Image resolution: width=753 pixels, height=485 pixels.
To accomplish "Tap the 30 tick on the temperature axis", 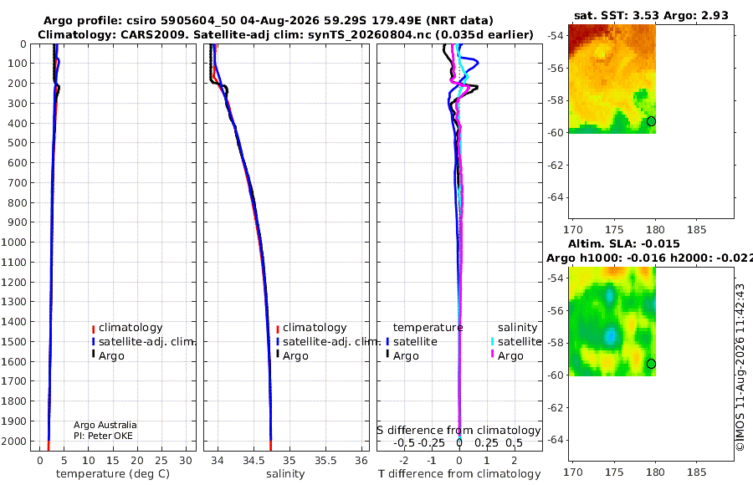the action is [x=186, y=461].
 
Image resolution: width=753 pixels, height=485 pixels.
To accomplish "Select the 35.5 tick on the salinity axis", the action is [x=325, y=461].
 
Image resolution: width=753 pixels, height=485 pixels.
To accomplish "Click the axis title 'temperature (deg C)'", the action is [x=113, y=474].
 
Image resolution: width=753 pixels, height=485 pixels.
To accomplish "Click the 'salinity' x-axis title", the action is [x=285, y=474].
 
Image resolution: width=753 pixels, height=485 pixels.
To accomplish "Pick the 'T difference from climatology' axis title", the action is [x=459, y=474].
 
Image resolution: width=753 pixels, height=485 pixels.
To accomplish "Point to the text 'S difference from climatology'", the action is [x=459, y=431].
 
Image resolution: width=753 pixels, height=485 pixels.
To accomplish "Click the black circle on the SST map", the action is [x=651, y=121].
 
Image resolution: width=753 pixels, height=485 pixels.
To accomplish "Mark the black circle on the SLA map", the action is [x=651, y=364].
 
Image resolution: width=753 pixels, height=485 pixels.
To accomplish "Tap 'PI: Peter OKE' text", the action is [x=103, y=436].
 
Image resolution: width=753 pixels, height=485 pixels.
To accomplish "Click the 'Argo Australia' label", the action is [x=105, y=425].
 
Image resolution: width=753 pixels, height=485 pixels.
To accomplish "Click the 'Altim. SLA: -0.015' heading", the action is [x=624, y=243].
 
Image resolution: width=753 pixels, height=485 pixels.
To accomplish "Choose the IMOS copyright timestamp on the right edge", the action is [x=740, y=367].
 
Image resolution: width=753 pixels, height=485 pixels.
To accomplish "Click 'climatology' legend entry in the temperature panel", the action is [x=131, y=328].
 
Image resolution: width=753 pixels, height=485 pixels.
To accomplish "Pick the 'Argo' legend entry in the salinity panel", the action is [x=295, y=356].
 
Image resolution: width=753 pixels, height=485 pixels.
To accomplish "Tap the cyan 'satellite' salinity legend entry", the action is [x=519, y=341].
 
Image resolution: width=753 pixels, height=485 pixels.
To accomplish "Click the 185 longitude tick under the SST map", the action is [x=696, y=230].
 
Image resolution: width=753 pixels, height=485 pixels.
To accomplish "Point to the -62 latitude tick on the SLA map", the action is [x=556, y=407].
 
